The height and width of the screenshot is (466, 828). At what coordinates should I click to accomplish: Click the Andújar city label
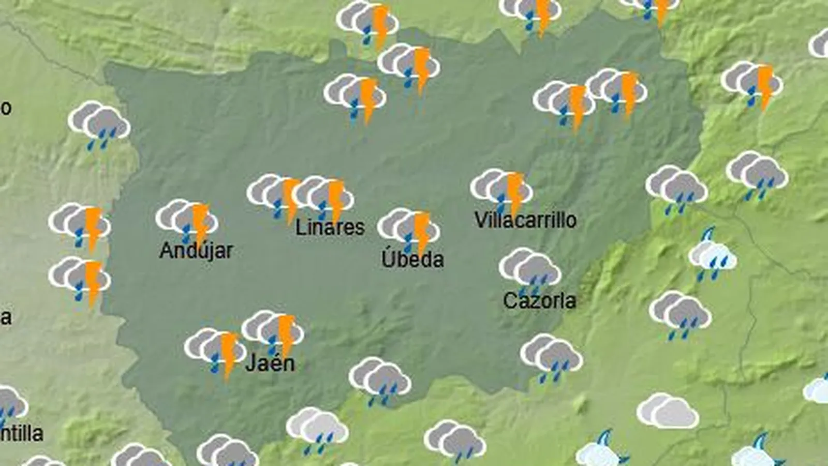[196, 251]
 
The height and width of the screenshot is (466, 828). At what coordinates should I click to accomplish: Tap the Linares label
[330, 227]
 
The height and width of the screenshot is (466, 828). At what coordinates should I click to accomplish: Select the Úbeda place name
[412, 259]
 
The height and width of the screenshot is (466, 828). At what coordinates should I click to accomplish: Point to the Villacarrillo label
[525, 220]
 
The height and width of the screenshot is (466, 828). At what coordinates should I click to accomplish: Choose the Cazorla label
[539, 301]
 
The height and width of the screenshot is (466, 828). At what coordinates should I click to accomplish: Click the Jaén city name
[270, 363]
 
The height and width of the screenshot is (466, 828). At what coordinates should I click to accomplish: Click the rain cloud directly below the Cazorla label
[552, 357]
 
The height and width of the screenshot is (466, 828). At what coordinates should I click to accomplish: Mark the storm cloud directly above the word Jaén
[273, 331]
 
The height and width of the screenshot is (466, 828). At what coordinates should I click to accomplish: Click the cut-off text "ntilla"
[22, 433]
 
